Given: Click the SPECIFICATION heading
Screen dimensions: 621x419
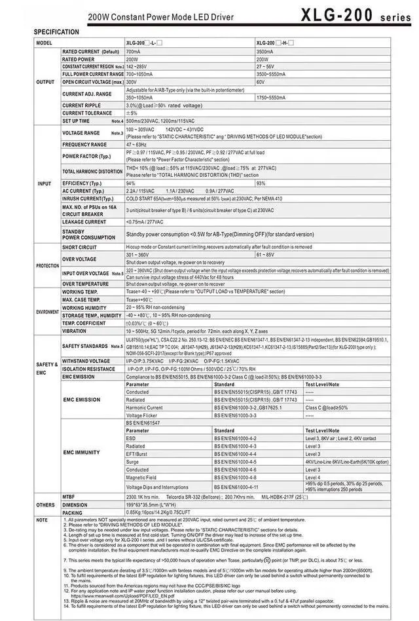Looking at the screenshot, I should tap(56, 32).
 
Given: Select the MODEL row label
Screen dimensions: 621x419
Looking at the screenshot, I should tap(44, 43).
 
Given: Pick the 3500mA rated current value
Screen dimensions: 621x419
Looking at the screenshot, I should tap(265, 51).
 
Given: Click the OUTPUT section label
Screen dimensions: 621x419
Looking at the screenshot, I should tap(45, 83).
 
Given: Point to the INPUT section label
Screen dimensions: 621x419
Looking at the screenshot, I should tap(45, 184).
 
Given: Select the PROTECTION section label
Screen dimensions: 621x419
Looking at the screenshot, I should tap(47, 266).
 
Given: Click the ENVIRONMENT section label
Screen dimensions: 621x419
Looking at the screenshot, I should tap(47, 312).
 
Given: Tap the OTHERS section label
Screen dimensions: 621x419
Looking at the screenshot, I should tap(45, 505).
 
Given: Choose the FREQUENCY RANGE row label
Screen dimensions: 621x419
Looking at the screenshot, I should tap(84, 145).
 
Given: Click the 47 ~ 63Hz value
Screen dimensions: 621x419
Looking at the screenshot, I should tap(136, 145).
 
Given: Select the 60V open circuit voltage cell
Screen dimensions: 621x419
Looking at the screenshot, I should tap(261, 83).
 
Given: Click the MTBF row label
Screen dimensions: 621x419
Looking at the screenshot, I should tap(69, 498).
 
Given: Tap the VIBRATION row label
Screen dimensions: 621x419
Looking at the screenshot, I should tap(74, 331).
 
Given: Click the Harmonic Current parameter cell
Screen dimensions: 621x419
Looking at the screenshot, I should tap(144, 407).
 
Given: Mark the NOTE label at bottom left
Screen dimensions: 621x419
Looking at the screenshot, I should tap(42, 520).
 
